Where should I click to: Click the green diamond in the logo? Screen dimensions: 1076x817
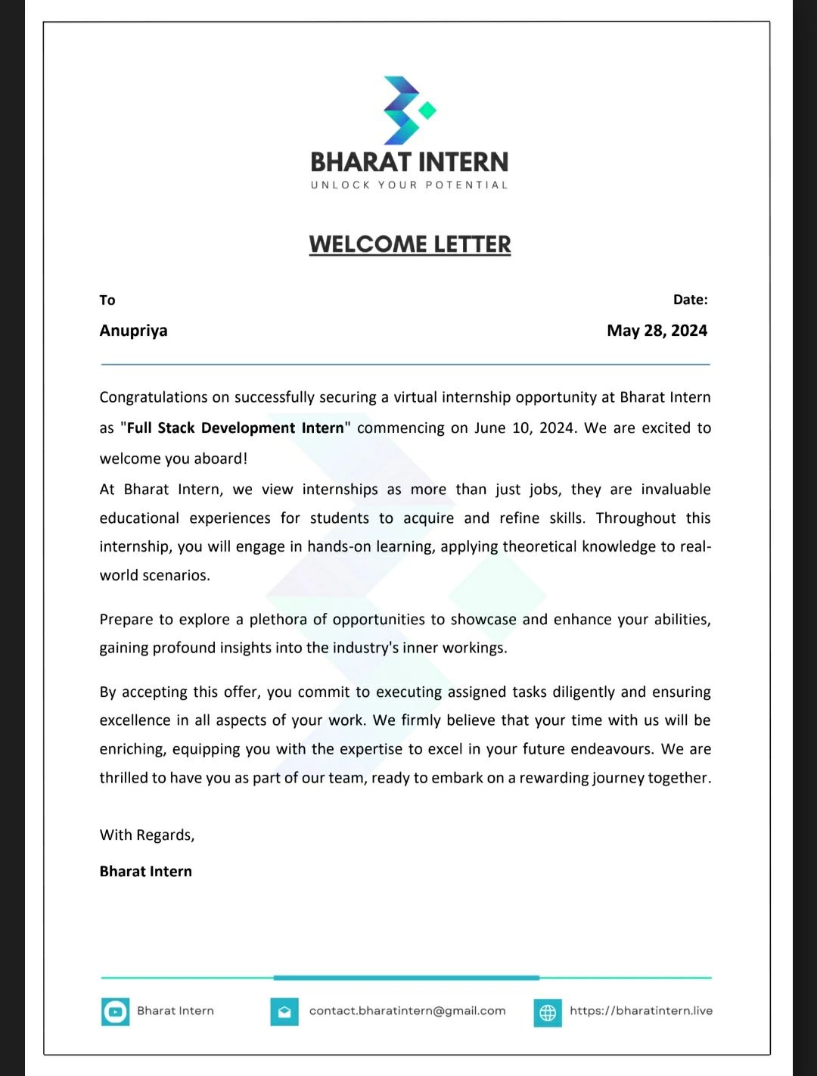427,110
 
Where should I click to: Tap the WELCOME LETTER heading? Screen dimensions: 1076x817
410,244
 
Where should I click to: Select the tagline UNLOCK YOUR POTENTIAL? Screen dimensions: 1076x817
409,185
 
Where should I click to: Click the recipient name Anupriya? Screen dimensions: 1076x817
133,331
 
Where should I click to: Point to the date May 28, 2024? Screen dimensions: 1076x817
657,331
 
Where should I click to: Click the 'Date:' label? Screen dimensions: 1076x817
690,300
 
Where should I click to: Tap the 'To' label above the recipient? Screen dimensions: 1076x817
107,300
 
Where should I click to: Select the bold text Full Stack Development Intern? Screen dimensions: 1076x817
235,428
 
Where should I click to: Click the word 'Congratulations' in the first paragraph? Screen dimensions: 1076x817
154,397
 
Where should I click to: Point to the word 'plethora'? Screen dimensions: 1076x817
278,620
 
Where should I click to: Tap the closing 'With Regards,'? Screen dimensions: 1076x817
147,835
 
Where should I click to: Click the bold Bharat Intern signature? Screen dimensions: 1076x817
146,871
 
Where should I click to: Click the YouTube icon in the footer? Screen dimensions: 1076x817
115,1012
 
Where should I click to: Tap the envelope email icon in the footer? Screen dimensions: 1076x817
284,1012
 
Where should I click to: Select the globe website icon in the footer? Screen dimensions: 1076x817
548,1012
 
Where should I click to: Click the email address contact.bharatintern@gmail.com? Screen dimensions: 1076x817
407,1011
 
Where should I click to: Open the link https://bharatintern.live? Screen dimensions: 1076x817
641,1011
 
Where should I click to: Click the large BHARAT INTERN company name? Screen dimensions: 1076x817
409,162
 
